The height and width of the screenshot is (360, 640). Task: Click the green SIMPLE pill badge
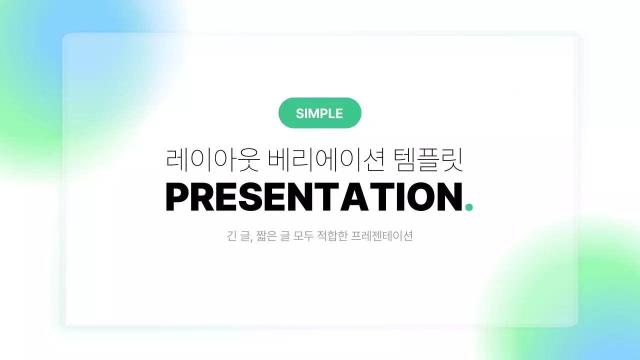(319, 113)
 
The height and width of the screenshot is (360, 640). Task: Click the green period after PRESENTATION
(468, 207)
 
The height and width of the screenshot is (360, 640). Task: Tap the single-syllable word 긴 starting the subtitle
(231, 236)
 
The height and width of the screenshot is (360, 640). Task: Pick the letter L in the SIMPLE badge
(332, 113)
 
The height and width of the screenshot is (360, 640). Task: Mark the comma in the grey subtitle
(249, 240)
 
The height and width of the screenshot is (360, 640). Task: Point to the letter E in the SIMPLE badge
(339, 113)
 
